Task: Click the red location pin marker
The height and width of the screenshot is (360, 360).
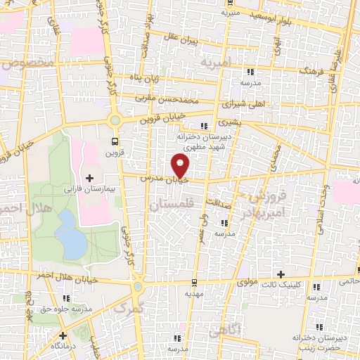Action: pos(181,166)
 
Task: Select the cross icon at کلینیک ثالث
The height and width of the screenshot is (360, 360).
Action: pos(281,274)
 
